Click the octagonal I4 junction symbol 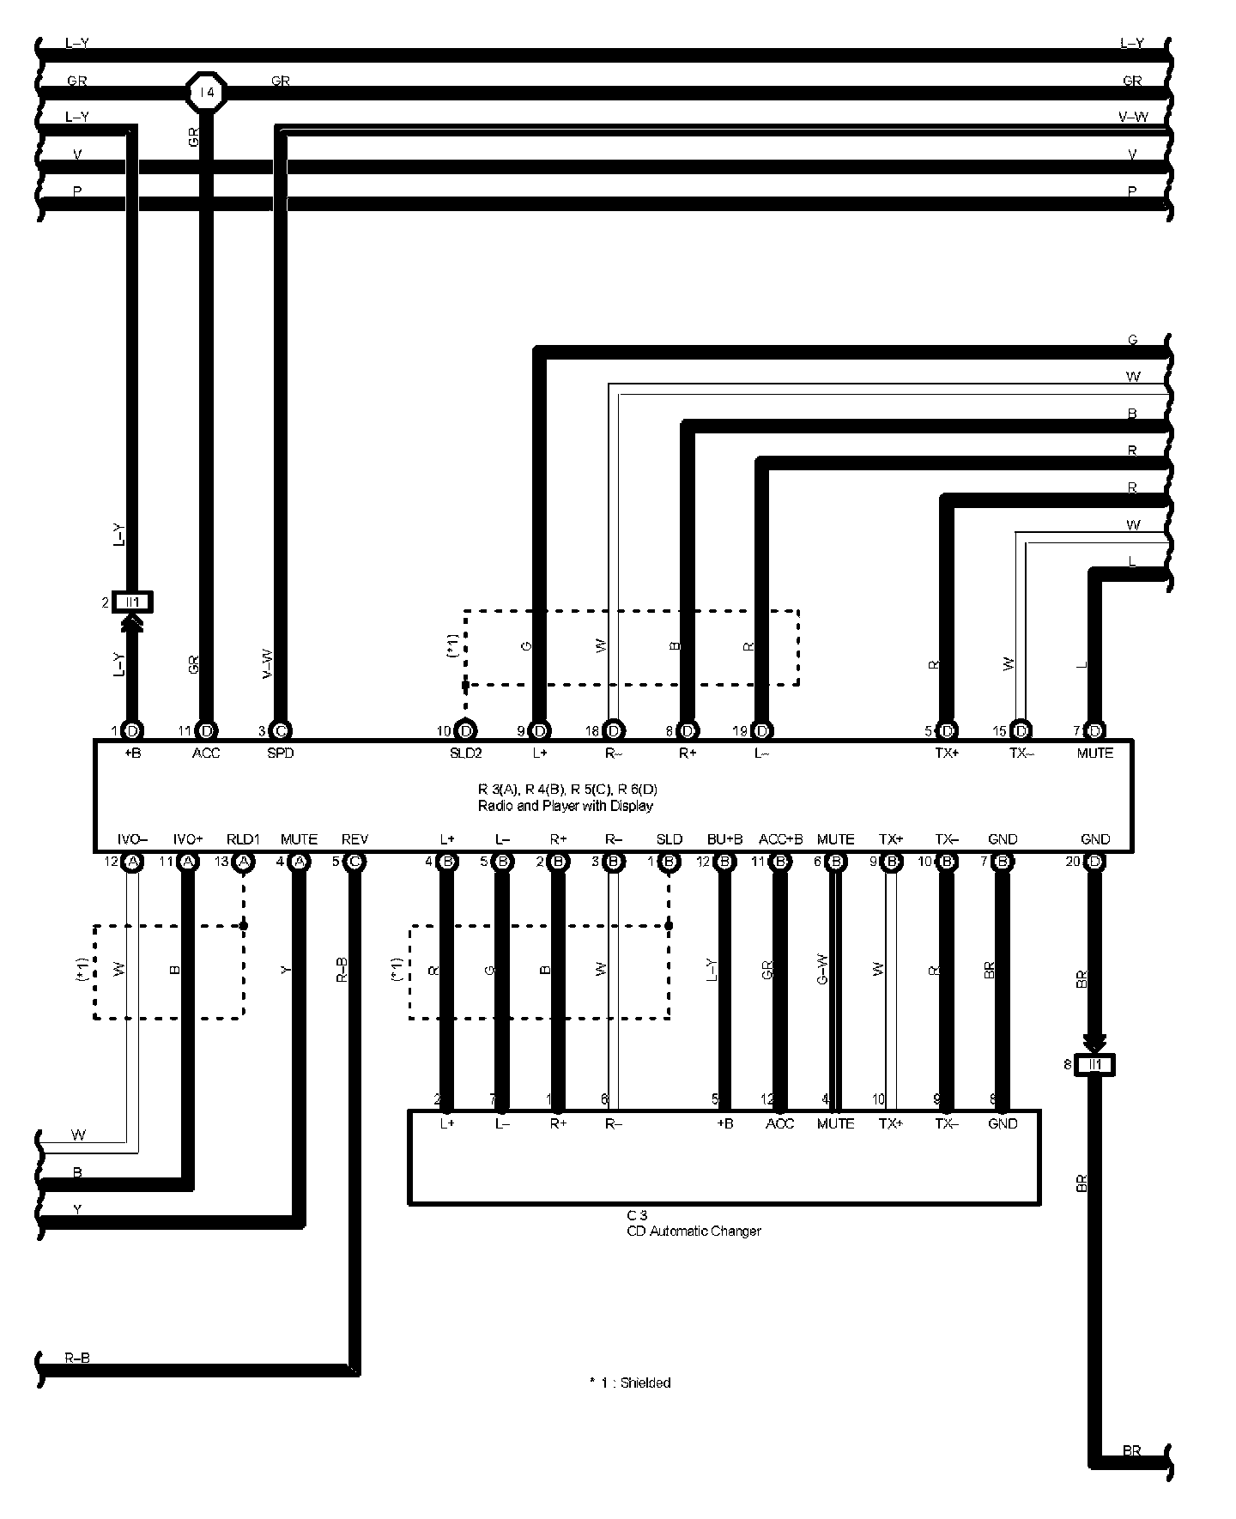click(207, 92)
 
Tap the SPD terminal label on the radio click(280, 753)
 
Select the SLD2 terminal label click(466, 753)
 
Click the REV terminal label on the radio click(354, 839)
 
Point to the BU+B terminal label click(724, 839)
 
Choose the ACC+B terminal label click(780, 839)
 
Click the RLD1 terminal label click(243, 839)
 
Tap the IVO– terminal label click(133, 839)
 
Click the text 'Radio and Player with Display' click(565, 806)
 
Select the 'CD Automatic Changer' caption click(694, 1231)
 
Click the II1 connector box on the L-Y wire click(132, 602)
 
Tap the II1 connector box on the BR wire click(1094, 1065)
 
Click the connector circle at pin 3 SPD click(280, 731)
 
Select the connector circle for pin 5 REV click(354, 862)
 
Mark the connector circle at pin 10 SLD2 click(466, 731)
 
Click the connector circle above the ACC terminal click(206, 731)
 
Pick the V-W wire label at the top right click(1133, 118)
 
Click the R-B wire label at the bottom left click(77, 1359)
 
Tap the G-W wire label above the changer click(822, 969)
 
